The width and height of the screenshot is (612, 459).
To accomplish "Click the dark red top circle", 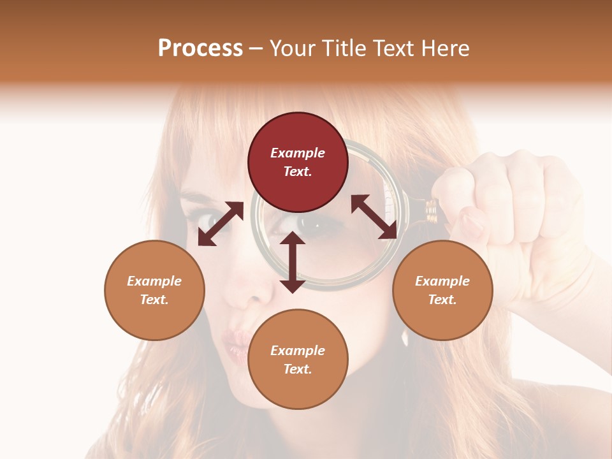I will point(298,163).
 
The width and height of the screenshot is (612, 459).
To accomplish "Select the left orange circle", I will point(154,290).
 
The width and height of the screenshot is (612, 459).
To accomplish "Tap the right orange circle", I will point(442,290).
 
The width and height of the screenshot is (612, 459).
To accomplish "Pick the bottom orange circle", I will point(298,359).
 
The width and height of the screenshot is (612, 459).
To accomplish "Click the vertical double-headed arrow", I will point(293,262).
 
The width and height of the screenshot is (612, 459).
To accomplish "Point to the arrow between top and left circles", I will point(221,224).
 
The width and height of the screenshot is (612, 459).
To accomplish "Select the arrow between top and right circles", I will point(374,217).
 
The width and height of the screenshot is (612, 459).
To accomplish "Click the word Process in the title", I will point(200,48).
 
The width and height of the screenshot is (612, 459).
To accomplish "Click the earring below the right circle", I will point(405,338).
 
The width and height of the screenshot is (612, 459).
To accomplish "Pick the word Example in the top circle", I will point(298,153).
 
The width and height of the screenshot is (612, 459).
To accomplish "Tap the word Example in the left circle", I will point(154,281).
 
